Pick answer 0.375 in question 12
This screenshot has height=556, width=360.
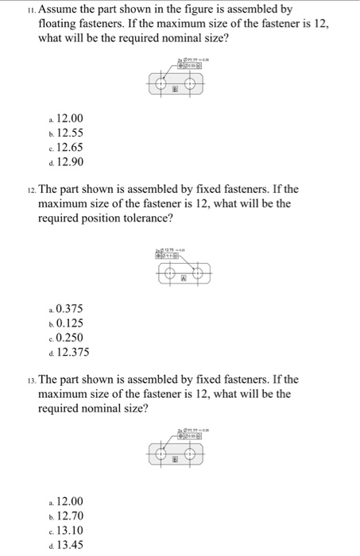click(x=68, y=308)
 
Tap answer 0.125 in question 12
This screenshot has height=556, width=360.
click(x=68, y=322)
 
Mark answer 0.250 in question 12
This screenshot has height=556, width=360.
click(x=68, y=338)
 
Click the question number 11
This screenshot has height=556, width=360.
click(x=30, y=10)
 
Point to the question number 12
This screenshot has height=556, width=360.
click(x=30, y=190)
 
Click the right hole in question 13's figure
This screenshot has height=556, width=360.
click(x=191, y=454)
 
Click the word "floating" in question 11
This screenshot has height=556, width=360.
click(x=61, y=25)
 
